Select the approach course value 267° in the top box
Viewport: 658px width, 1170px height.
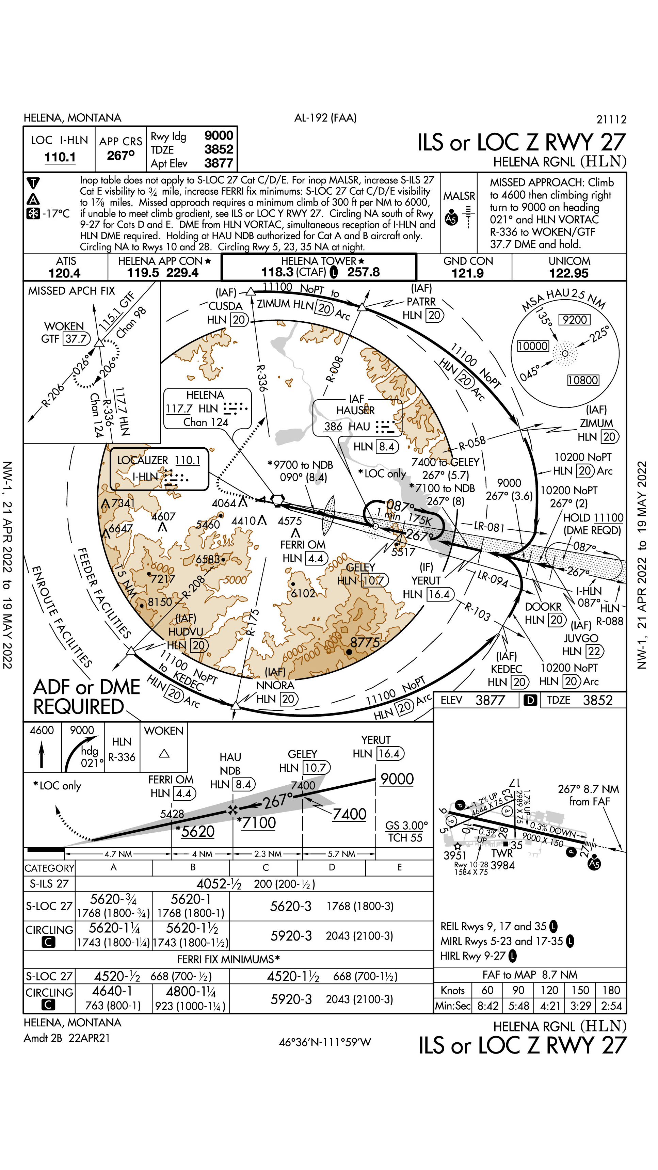[x=121, y=155]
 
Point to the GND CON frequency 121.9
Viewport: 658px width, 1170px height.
[x=467, y=273]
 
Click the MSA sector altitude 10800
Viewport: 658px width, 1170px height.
[x=583, y=380]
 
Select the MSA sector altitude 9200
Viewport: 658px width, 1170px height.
[x=575, y=320]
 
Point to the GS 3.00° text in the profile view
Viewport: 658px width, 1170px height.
[x=406, y=825]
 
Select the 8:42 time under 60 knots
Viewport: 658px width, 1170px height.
[x=488, y=1006]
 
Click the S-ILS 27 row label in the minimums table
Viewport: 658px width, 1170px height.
[x=49, y=883]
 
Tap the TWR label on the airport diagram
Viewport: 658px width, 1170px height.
[x=502, y=853]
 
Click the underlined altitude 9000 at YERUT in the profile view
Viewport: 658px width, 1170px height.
[x=397, y=779]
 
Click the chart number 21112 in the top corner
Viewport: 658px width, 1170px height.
[x=611, y=119]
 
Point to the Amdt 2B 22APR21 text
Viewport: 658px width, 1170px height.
[x=66, y=1038]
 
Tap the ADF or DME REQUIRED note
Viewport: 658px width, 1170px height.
[x=86, y=697]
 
